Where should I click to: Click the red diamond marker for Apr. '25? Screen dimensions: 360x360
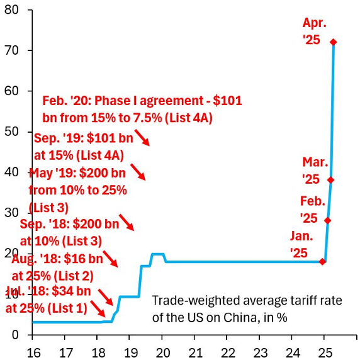(x=333, y=42)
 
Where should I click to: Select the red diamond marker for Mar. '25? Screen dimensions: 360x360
(x=330, y=180)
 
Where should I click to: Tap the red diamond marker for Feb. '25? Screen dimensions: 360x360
(x=327, y=220)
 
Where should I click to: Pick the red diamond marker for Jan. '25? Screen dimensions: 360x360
(x=322, y=261)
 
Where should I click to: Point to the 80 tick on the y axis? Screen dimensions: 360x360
(x=14, y=10)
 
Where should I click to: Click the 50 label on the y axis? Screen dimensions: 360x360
(x=14, y=132)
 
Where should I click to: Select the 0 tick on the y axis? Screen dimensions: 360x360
(x=17, y=334)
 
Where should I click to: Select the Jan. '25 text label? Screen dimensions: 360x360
(x=301, y=244)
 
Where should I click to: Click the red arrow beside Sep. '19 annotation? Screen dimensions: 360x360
(x=142, y=138)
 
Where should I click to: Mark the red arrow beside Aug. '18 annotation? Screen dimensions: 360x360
(x=110, y=259)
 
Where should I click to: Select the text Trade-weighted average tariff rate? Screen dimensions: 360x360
(x=247, y=301)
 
